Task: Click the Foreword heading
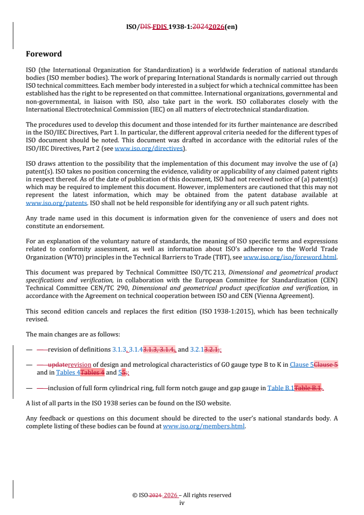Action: tap(44, 54)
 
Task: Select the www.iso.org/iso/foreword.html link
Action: tap(290, 257)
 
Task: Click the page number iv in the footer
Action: tap(181, 503)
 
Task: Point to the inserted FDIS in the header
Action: tap(160, 27)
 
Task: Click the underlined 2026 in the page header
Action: tap(216, 27)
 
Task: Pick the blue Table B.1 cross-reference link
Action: tap(280, 388)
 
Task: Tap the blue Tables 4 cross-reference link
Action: tap(68, 372)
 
